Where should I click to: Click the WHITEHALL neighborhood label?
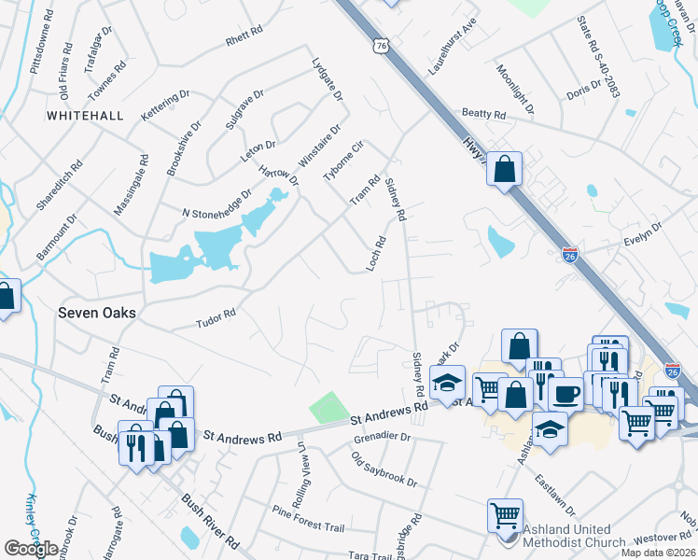84,115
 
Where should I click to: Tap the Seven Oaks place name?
97,314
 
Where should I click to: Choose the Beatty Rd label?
482,114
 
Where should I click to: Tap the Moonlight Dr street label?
515,90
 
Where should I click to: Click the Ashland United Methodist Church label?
575,535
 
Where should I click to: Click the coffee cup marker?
565,393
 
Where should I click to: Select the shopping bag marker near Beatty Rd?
504,169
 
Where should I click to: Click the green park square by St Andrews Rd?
328,407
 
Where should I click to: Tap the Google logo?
31,549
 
